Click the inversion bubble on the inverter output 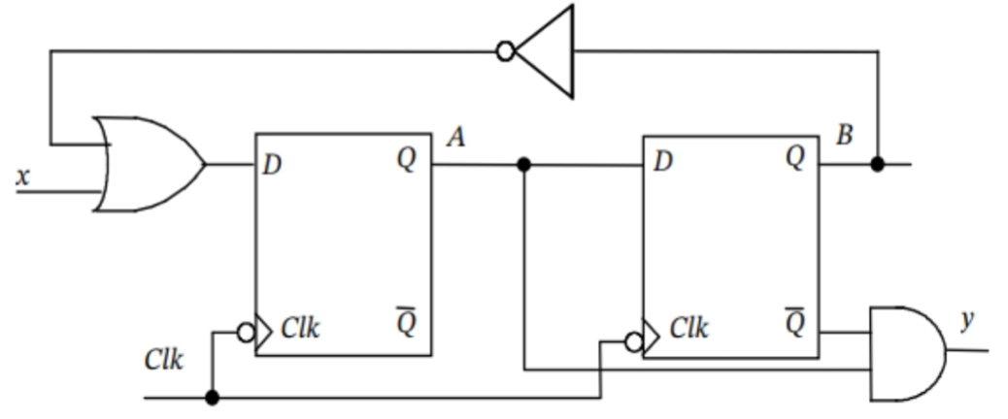pos(505,50)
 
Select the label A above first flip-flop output pos(454,139)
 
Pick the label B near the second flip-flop pos(844,135)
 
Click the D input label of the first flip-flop pos(272,164)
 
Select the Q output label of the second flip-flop pos(795,159)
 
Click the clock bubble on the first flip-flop pos(247,333)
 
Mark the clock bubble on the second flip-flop pos(634,340)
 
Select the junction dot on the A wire pos(524,165)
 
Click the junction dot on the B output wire pos(878,164)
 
